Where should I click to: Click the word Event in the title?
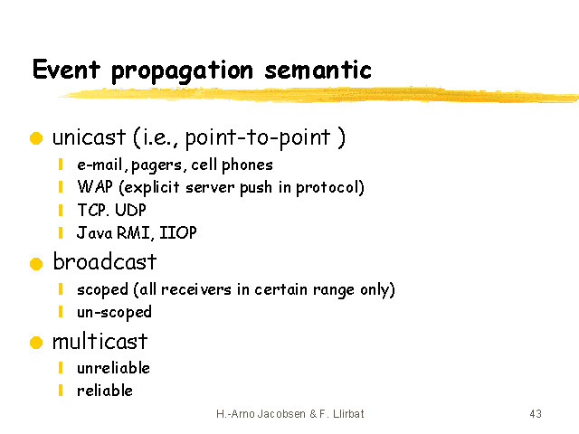(66, 69)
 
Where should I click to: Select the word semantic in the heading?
(318, 71)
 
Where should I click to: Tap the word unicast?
(89, 137)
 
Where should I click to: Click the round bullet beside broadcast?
(36, 263)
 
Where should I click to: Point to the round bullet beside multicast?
(36, 342)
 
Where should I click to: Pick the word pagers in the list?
(157, 165)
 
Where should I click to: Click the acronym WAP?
(95, 186)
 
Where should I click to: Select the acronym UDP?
(130, 210)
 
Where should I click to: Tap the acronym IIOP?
(178, 232)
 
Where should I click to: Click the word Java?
(94, 232)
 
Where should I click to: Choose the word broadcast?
(105, 261)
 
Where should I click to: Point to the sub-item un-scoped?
(115, 312)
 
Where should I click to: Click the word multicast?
(100, 341)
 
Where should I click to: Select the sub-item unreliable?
(113, 368)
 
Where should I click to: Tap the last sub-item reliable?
(105, 391)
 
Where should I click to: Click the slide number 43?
(536, 414)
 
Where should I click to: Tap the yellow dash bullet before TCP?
(61, 210)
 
